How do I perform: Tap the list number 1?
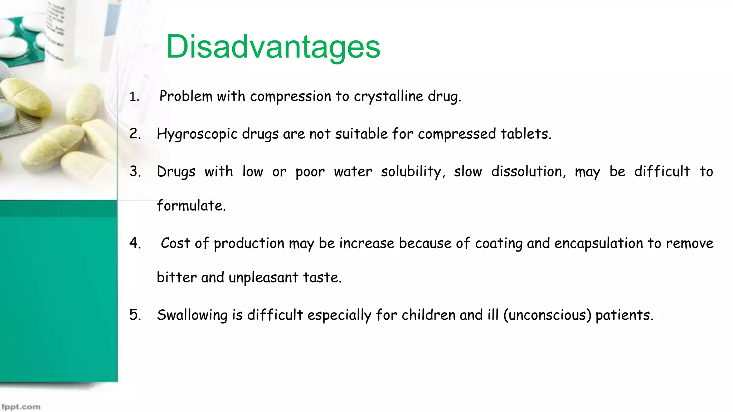tap(134, 97)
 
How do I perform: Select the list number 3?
tap(135, 171)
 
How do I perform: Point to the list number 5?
tap(135, 315)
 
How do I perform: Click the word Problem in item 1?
tap(186, 96)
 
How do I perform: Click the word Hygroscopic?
tap(197, 134)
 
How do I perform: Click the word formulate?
tap(191, 206)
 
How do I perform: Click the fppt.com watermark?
tap(21, 407)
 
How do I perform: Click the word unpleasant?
tap(263, 278)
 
